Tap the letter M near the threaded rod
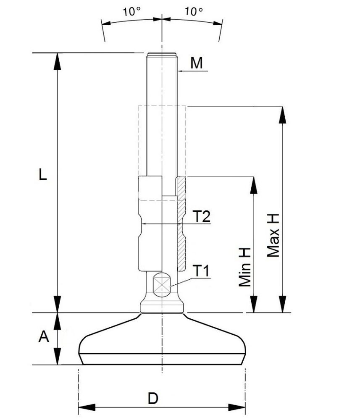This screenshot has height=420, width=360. (x=196, y=63)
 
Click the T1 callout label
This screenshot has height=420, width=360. (x=200, y=271)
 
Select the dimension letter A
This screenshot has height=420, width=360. (x=44, y=337)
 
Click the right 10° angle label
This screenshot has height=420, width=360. (x=194, y=11)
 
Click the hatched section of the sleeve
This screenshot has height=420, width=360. (x=181, y=223)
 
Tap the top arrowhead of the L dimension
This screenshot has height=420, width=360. (x=57, y=61)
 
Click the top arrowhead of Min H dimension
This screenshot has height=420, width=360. (x=253, y=185)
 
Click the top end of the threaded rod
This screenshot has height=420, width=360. (x=162, y=54)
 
